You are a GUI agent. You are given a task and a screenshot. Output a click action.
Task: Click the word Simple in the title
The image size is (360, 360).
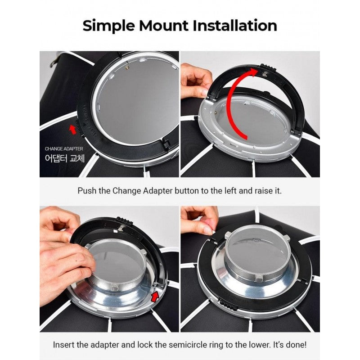coord(108,26)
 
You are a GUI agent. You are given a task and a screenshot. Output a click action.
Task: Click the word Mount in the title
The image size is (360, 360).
coord(163,26)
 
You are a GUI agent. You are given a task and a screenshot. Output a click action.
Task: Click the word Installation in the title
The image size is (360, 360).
coord(234,25)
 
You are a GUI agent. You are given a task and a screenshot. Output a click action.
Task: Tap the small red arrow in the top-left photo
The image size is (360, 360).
coord(73,129)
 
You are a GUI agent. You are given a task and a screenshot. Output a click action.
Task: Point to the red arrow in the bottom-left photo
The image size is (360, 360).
coord(155,296)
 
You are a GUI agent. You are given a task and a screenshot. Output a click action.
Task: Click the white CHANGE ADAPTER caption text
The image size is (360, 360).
coord(64,149)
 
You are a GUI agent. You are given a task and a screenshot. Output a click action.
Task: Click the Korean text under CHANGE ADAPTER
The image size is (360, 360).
coord(65,158)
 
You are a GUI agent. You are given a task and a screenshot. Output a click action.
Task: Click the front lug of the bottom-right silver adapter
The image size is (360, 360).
coord(259,278)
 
